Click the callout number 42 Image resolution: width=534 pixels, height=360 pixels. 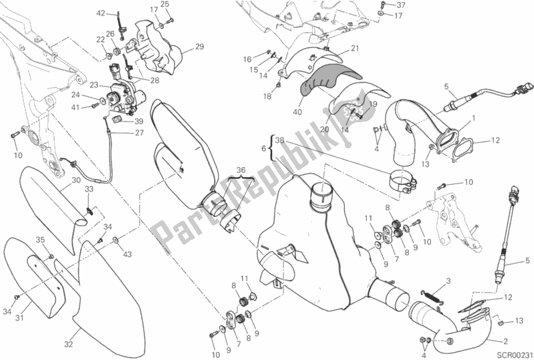101,13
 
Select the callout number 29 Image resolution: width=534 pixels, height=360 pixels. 198,46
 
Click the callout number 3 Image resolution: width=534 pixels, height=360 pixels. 450,280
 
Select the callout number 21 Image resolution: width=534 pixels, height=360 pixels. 354,47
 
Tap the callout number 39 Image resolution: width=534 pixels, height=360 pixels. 138,122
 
